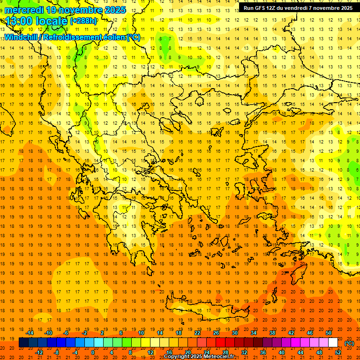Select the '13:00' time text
pyautogui.click(x=19, y=21)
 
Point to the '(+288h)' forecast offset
pyautogui.click(x=83, y=21)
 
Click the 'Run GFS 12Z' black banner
pyautogui.click(x=298, y=8)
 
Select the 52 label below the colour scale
pyautogui.click(x=338, y=352)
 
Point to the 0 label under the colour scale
pyautogui.click(x=93, y=352)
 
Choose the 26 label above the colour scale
pyautogui.click(x=216, y=333)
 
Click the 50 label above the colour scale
pyautogui.click(x=329, y=333)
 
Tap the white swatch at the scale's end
pyautogui.click(x=333, y=343)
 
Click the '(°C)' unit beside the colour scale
pyautogui.click(x=349, y=343)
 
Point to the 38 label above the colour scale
pyautogui.click(x=272, y=333)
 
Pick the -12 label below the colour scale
pyautogui.click(x=39, y=352)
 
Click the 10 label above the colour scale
pyautogui.click(x=141, y=333)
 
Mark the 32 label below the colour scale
pyautogui.click(x=244, y=352)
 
